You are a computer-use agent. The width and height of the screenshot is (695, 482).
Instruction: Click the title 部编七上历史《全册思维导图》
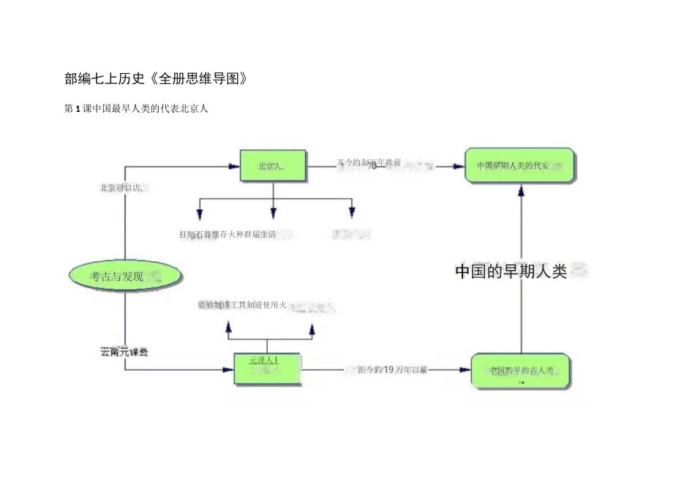pyautogui.click(x=156, y=79)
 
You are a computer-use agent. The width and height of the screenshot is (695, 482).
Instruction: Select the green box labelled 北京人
pyautogui.click(x=271, y=167)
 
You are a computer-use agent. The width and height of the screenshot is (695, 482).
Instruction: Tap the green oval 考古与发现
pyautogui.click(x=124, y=276)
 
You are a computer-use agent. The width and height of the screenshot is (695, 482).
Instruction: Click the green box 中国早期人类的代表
pyautogui.click(x=519, y=166)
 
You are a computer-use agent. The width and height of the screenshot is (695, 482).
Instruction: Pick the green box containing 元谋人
pyautogui.click(x=266, y=369)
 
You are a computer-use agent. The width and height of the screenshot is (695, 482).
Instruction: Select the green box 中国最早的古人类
pyautogui.click(x=520, y=371)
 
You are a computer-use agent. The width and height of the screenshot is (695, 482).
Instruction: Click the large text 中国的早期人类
pyautogui.click(x=512, y=271)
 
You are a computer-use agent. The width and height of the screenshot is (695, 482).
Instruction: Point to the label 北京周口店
pyautogui.click(x=122, y=188)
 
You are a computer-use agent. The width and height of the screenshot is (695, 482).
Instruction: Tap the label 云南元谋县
pyautogui.click(x=124, y=353)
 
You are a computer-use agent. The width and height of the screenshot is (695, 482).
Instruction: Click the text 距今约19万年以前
pyautogui.click(x=389, y=369)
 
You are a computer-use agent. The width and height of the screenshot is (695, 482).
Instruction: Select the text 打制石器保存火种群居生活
pyautogui.click(x=228, y=235)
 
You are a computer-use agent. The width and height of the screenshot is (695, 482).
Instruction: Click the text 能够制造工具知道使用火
pyautogui.click(x=242, y=305)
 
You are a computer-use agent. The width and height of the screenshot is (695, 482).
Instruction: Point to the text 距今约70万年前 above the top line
pyautogui.click(x=369, y=162)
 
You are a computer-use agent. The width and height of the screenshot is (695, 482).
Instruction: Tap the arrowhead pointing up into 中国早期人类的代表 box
pyautogui.click(x=521, y=190)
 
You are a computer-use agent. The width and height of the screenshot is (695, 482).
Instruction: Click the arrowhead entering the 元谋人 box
pyautogui.click(x=228, y=370)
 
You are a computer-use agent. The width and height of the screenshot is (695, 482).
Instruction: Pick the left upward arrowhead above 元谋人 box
pyautogui.click(x=229, y=331)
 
